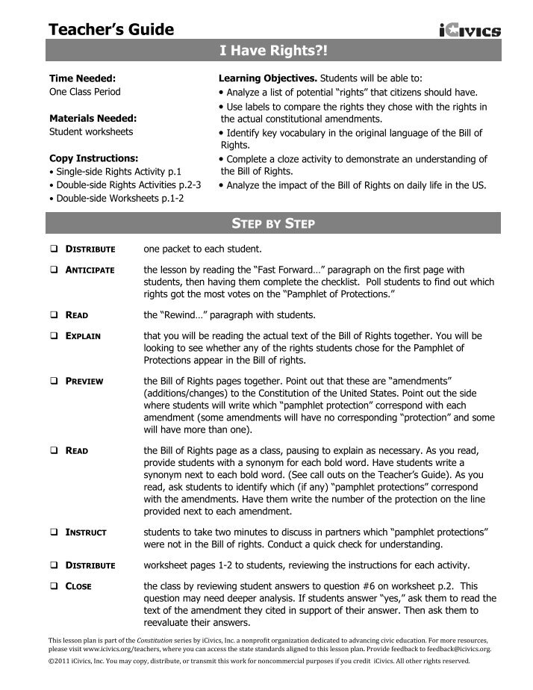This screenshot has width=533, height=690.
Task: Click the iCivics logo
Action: [470, 30]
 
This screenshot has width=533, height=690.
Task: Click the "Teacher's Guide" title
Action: [111, 30]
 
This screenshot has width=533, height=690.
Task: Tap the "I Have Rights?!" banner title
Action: [273, 51]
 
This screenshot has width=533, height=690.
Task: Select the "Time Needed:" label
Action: [82, 78]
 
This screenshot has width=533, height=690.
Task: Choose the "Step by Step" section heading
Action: [273, 223]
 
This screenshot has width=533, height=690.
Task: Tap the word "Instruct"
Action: [86, 532]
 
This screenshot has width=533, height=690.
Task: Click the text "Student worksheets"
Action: [91, 131]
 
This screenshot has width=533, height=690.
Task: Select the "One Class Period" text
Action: [84, 91]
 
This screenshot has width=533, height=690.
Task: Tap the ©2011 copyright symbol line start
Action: [52, 662]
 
